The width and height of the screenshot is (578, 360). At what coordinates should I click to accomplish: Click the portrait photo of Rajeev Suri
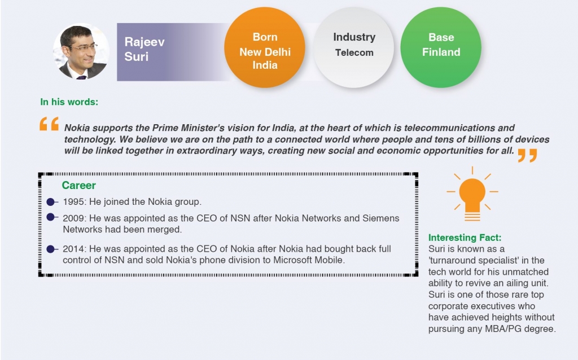81,51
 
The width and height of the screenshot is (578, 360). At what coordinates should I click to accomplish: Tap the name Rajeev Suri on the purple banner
144,49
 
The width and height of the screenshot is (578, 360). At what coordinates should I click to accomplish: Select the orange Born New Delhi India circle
265,47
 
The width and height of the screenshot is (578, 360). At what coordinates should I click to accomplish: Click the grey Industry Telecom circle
354,47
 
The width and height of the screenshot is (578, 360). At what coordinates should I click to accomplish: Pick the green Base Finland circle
441,47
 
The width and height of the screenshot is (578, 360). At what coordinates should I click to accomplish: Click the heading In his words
69,102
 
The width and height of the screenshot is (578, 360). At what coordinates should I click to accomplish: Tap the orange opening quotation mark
49,124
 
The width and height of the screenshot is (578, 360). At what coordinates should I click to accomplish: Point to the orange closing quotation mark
528,156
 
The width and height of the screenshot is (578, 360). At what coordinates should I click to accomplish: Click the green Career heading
79,185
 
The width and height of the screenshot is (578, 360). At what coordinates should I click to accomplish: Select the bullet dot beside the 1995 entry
51,202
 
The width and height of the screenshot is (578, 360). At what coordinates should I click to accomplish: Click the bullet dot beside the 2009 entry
51,217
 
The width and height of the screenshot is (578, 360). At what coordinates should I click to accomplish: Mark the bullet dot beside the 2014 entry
51,249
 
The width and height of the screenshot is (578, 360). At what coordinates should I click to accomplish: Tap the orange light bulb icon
472,194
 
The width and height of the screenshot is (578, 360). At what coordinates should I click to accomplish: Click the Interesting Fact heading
465,238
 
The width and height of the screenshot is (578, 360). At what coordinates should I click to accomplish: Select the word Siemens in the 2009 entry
381,218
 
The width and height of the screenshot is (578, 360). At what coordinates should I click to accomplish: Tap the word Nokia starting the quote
77,128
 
